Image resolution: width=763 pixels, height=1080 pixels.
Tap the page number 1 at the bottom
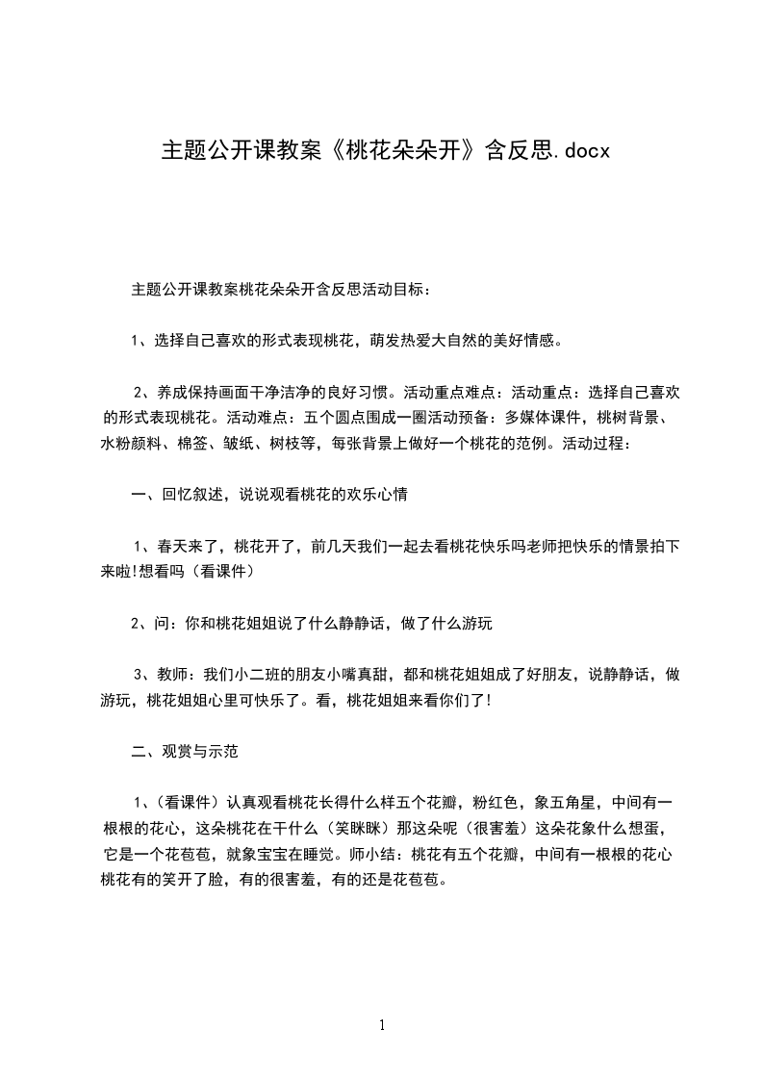pos(382,1025)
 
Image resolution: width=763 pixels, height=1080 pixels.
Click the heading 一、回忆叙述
pos(177,496)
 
